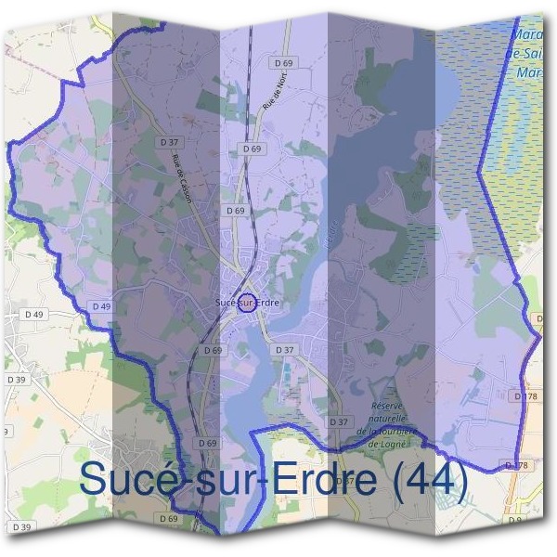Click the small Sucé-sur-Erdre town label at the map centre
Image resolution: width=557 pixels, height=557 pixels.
(247, 303)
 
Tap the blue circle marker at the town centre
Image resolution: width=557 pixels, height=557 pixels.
(247, 302)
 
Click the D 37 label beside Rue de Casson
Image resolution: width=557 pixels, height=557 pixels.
(168, 142)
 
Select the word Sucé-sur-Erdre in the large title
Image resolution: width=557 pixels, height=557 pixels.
(227, 480)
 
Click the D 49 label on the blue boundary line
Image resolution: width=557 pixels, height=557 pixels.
(102, 305)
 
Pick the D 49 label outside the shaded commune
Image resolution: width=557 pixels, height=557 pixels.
(34, 315)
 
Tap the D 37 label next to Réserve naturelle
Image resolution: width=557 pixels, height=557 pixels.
(340, 421)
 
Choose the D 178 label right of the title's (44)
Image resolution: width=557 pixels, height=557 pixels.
(516, 464)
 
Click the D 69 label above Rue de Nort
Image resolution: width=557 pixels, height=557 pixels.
(284, 62)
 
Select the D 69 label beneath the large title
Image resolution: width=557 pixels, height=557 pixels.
(168, 518)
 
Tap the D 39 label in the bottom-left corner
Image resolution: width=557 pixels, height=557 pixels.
(21, 527)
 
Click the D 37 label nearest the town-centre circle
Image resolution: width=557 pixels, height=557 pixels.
(284, 349)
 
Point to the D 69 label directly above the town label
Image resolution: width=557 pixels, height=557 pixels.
(235, 211)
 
